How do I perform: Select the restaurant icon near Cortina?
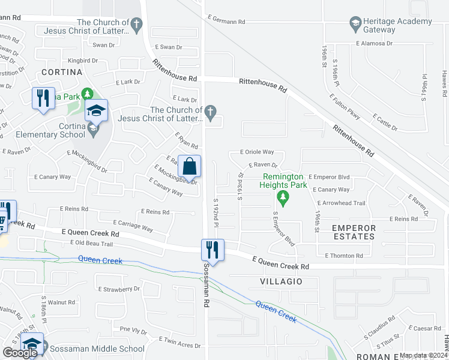click(x=43, y=98)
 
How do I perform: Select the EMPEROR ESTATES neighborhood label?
click(x=354, y=232)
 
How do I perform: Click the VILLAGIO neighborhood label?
click(x=280, y=281)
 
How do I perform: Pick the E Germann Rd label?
click(x=226, y=22)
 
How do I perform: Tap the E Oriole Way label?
click(x=257, y=152)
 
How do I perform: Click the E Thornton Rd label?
click(x=344, y=256)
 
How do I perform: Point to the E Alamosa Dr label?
click(x=374, y=43)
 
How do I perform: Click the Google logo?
click(x=20, y=353)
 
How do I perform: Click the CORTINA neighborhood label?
click(x=62, y=72)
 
